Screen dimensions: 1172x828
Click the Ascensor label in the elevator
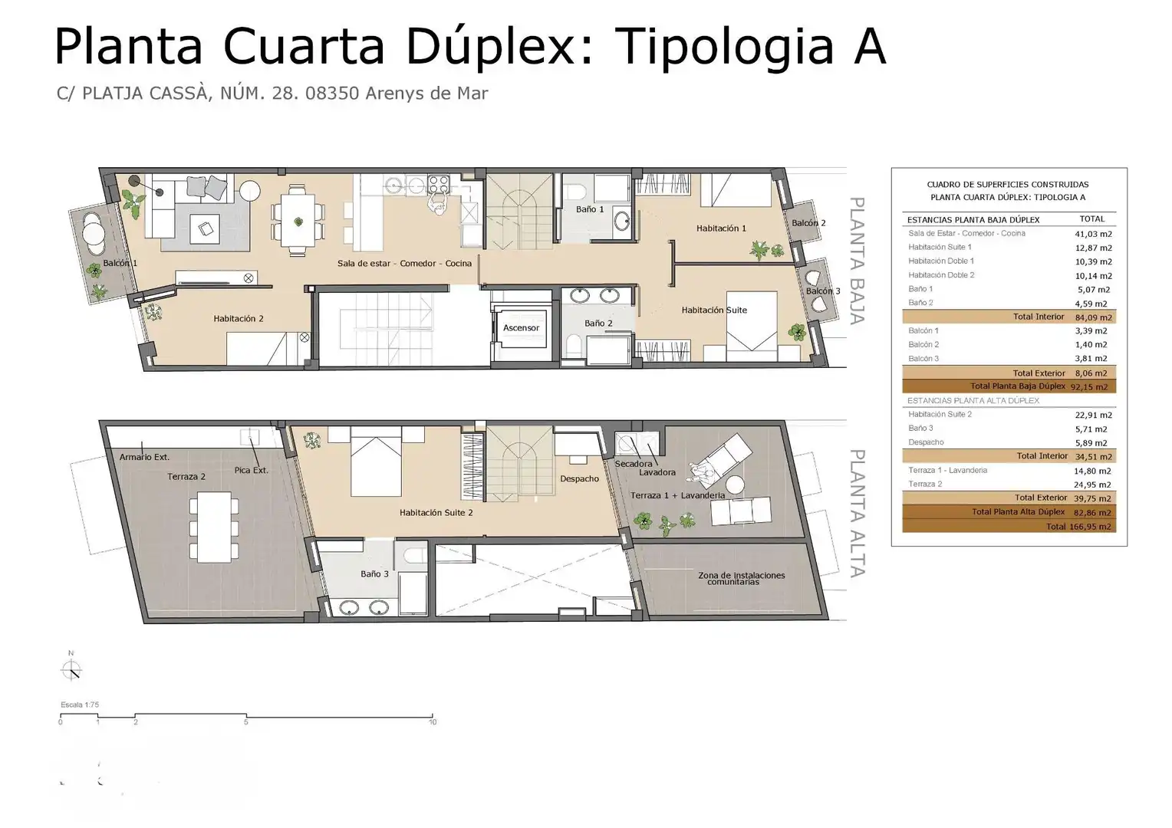tap(521, 328)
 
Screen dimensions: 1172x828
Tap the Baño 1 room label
tap(590, 209)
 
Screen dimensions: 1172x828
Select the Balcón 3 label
tap(823, 291)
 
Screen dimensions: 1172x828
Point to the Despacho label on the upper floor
tap(579, 478)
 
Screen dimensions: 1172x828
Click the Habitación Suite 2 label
tap(436, 513)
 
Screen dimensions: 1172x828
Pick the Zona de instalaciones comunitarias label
tap(742, 578)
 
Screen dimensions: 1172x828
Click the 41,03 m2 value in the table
tap(1093, 234)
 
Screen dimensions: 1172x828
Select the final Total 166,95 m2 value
tap(1090, 527)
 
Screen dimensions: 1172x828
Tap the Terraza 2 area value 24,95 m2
tap(1092, 485)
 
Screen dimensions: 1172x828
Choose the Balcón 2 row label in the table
tap(923, 344)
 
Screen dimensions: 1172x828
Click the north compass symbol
tap(71, 669)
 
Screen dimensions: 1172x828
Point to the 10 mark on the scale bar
tap(433, 722)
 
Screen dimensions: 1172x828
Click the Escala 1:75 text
tap(80, 705)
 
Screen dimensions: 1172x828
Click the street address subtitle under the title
tap(272, 93)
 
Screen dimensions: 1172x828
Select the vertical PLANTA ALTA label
tap(857, 513)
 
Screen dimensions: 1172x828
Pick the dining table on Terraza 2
tap(214, 527)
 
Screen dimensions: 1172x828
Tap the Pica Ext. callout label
tap(251, 470)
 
